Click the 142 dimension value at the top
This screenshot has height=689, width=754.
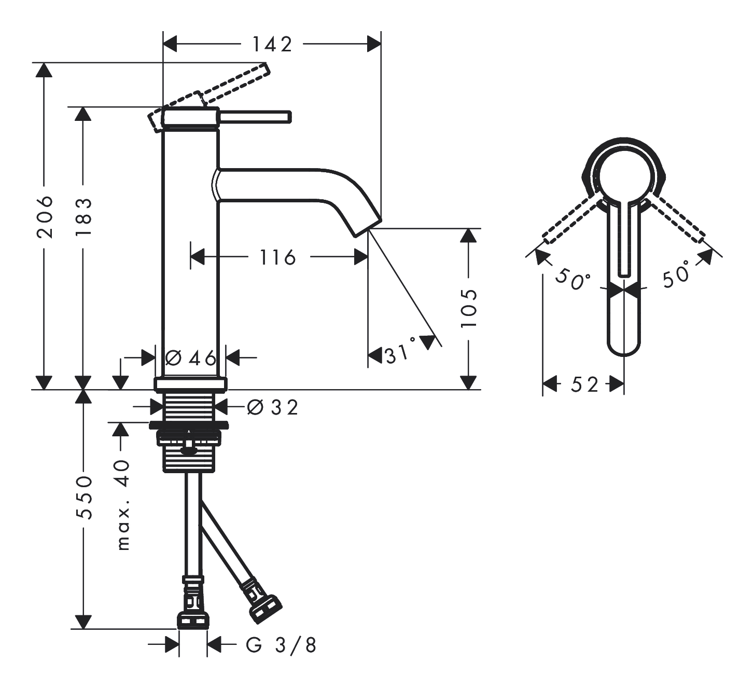(x=272, y=45)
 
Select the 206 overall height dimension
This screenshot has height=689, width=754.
(x=45, y=217)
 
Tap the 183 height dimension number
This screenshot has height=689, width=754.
(x=83, y=217)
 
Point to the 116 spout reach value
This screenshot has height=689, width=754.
(x=278, y=258)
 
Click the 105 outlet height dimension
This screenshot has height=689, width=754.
(x=469, y=308)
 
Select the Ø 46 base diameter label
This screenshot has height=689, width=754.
(x=190, y=357)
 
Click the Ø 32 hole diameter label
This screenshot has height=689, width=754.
(x=273, y=407)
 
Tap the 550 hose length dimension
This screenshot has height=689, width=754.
(x=83, y=498)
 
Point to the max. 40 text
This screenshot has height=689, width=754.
(x=123, y=505)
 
